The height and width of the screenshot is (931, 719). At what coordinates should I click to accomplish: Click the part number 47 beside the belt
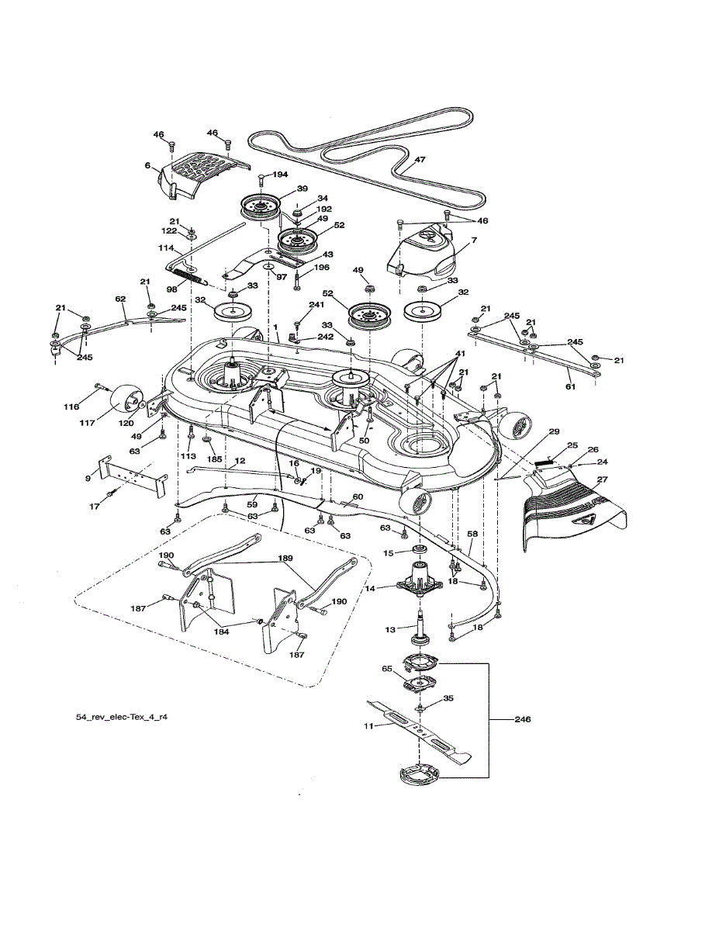click(420, 159)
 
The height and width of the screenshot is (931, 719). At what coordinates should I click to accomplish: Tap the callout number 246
click(523, 719)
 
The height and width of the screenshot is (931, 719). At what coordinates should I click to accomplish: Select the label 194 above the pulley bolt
click(280, 175)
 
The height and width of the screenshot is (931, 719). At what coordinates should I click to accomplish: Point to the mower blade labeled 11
click(419, 732)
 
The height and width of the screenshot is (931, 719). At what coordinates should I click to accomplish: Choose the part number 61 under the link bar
click(570, 386)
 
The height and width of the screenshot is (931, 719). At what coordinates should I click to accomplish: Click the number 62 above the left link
click(121, 299)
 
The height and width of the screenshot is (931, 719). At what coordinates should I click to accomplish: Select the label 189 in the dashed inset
click(285, 559)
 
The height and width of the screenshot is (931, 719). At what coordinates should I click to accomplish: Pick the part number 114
click(166, 247)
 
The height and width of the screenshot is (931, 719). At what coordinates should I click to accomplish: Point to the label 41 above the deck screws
click(460, 354)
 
